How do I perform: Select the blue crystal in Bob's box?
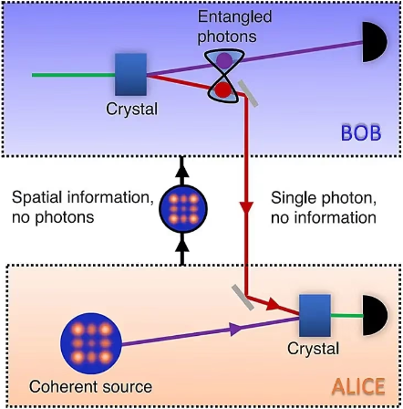tap(130, 72)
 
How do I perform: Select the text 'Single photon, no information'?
tap(324, 207)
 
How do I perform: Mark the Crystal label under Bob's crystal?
tap(131, 109)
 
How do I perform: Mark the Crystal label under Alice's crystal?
tap(314, 348)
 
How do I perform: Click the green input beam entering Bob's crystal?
tap(73, 73)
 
